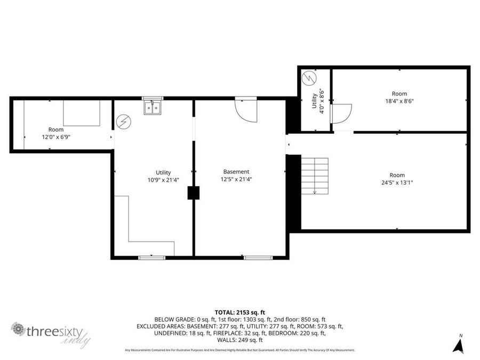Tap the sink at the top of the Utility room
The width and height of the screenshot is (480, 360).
(152, 108)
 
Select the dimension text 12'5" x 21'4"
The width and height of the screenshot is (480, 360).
(237, 180)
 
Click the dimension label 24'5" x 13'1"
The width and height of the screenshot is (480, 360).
(397, 182)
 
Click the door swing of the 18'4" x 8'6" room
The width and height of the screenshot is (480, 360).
(341, 113)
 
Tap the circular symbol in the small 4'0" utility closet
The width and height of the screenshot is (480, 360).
(308, 79)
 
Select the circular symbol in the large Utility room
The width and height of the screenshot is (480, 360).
(123, 122)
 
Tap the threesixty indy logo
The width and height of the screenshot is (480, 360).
(51, 332)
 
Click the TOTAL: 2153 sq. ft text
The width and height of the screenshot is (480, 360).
(239, 312)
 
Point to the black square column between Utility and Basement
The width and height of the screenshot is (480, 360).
(194, 193)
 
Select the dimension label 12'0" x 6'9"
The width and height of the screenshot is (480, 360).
(56, 137)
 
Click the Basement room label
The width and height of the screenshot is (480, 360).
(236, 172)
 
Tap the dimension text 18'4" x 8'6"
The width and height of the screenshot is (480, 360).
(399, 101)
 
